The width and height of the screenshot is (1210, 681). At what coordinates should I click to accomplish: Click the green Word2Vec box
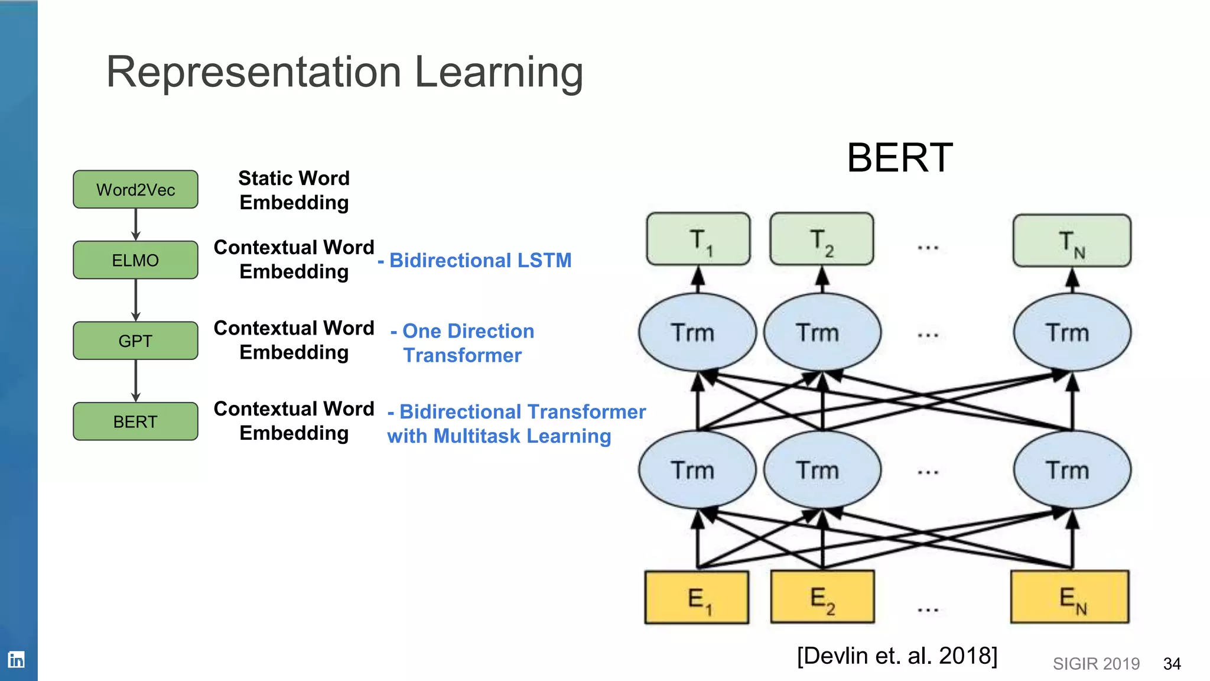[x=135, y=189]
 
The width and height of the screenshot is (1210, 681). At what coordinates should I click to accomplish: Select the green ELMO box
[x=135, y=260]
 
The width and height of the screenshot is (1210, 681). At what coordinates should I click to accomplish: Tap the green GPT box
[x=135, y=340]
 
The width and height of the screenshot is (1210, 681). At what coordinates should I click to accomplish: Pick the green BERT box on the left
[x=135, y=421]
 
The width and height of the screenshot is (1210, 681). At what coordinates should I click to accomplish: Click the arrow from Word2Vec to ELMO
[x=136, y=224]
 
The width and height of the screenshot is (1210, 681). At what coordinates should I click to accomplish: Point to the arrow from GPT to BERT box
[x=136, y=381]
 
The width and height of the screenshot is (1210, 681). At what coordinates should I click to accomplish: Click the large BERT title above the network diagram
[x=899, y=158]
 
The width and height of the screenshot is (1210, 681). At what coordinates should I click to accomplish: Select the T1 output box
[x=698, y=239]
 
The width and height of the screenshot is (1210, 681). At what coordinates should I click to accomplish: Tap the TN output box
[x=1072, y=241]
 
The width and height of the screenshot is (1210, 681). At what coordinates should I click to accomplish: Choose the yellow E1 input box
[x=697, y=597]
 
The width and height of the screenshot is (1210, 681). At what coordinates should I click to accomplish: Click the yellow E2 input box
[x=822, y=597]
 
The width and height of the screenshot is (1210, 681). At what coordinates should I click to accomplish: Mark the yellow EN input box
[x=1070, y=597]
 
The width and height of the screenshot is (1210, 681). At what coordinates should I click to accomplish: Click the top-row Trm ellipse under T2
[x=822, y=332]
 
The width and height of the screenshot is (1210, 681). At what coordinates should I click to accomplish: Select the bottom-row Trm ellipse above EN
[x=1072, y=470]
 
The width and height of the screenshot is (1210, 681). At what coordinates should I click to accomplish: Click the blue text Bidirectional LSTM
[x=480, y=260]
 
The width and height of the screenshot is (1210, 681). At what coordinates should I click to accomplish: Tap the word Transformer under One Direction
[x=462, y=355]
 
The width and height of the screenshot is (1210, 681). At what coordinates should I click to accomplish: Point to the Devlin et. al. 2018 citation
[x=897, y=656]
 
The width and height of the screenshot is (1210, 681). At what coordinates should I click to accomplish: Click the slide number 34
[x=1172, y=664]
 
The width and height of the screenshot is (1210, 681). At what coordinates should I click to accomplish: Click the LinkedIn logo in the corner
[x=16, y=659]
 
